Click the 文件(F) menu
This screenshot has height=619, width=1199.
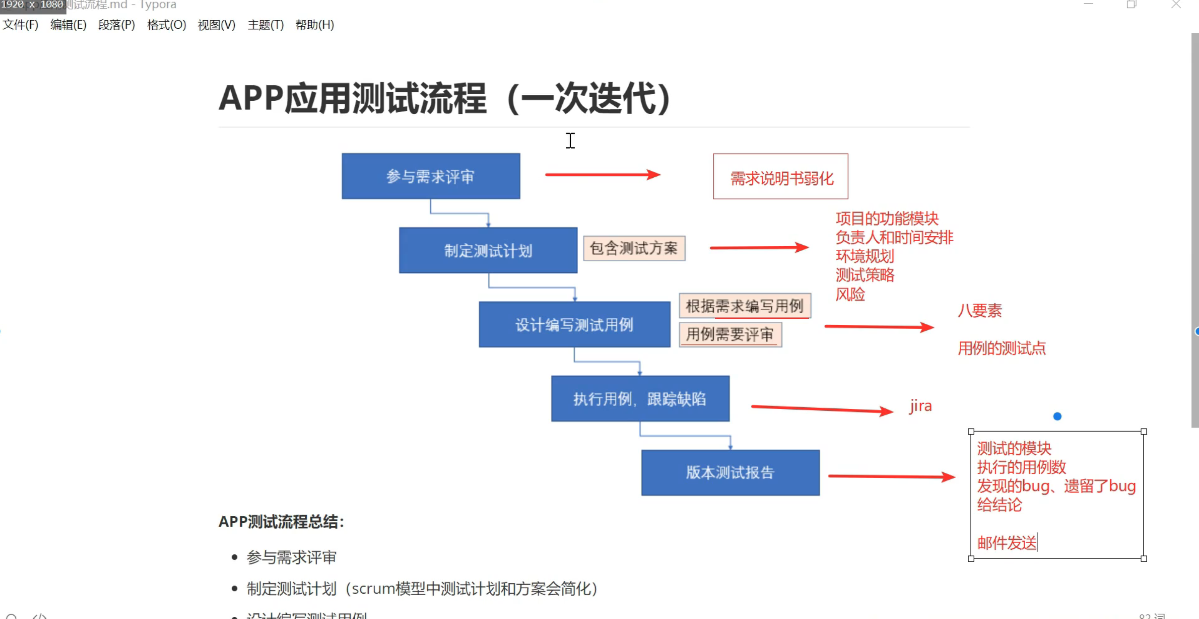(20, 25)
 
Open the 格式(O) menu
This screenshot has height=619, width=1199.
(166, 25)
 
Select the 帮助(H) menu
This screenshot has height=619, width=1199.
(315, 25)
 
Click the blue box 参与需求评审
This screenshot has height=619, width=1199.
(431, 176)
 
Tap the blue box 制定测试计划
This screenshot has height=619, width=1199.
(488, 251)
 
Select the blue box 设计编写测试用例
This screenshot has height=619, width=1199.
(574, 324)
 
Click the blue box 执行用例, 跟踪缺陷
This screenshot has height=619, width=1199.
(640, 399)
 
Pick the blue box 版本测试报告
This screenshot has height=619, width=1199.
(730, 472)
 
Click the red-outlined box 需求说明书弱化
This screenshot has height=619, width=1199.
(781, 177)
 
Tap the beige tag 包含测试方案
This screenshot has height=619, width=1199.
(634, 248)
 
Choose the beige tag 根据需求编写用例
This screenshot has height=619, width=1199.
(744, 306)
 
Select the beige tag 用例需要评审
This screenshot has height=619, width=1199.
(730, 334)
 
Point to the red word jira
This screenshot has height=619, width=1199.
(921, 406)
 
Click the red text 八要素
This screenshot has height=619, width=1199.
(980, 310)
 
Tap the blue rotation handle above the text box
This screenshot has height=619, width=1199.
(1057, 416)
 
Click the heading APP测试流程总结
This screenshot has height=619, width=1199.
(281, 522)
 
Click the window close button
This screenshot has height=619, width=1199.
(1176, 5)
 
